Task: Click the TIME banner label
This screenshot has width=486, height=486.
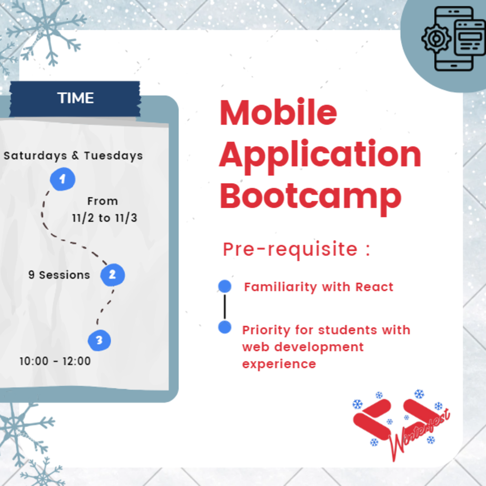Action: [x=75, y=98]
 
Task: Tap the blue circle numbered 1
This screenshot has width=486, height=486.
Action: [x=62, y=179]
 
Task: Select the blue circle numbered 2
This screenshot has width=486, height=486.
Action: [x=112, y=275]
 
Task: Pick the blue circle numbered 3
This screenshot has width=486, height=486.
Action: [x=99, y=340]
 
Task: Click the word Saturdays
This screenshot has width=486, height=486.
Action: [x=35, y=156]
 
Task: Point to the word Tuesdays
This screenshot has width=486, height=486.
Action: [x=113, y=156]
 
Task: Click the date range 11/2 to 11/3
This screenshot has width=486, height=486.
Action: [x=105, y=218]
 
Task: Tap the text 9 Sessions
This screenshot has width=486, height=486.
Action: [x=59, y=275]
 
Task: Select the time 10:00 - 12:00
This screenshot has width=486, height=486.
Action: [x=55, y=361]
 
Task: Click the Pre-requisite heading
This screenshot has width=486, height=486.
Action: [x=297, y=250]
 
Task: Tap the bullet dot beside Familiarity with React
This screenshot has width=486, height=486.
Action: [x=225, y=286]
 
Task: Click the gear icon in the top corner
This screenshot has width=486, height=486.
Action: [x=436, y=38]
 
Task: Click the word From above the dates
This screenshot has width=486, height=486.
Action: [x=103, y=201]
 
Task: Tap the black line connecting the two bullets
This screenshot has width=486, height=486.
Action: [x=225, y=307]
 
